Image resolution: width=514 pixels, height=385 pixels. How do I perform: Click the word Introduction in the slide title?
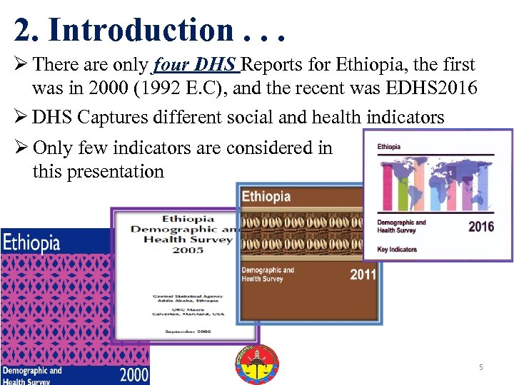pos(140,29)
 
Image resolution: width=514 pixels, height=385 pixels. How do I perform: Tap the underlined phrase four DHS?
pos(196,65)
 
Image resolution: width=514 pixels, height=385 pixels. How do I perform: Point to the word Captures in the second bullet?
pos(108,116)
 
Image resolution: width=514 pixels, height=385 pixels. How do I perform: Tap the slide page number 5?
pos(481,367)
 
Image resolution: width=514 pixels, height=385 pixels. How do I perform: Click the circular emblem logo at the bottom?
pos(257,364)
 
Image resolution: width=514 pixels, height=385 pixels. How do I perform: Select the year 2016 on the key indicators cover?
pos(480,227)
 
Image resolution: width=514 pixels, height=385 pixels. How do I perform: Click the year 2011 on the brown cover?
pos(363,274)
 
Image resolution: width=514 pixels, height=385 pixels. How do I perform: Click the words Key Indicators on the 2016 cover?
pos(397,250)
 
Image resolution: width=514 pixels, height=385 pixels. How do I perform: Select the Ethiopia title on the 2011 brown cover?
pos(266,196)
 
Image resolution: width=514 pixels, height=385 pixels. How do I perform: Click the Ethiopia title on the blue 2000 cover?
pos(31,242)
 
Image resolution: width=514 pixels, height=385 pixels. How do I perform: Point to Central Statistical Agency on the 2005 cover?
pos(187,296)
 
